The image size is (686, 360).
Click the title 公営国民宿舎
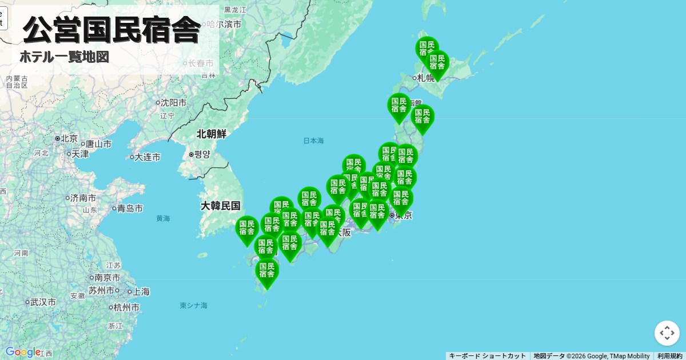pyautogui.click(x=111, y=30)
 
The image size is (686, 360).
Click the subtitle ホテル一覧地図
pyautogui.click(x=64, y=57)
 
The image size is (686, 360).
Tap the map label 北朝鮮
pyautogui.click(x=212, y=134)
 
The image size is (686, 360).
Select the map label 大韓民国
pyautogui.click(x=220, y=206)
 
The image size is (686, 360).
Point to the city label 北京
pyautogui.click(x=69, y=138)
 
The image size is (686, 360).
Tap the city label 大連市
pyautogui.click(x=147, y=157)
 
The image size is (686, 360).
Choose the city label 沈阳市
pyautogui.click(x=173, y=103)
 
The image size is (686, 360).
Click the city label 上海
pyautogui.click(x=141, y=291)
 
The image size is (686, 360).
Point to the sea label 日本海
pyautogui.click(x=313, y=141)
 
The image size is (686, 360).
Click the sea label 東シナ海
pyautogui.click(x=193, y=306)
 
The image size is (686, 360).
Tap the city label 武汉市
pyautogui.click(x=43, y=302)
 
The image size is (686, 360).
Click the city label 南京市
pyautogui.click(x=107, y=278)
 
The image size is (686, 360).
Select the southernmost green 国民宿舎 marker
pyautogui.click(x=267, y=272)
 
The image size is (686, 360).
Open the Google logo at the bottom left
pyautogui.click(x=23, y=352)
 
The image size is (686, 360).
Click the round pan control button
pyautogui.click(x=667, y=333)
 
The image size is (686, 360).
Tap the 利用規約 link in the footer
pyautogui.click(x=669, y=356)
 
